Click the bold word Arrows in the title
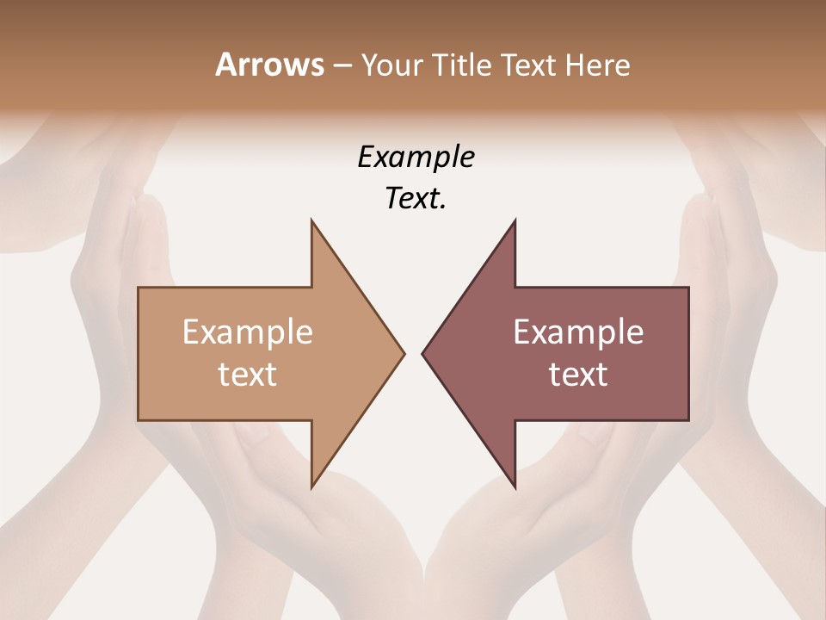[269, 65]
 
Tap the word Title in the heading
[463, 65]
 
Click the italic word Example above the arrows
[416, 158]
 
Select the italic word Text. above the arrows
[416, 199]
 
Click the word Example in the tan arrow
[248, 332]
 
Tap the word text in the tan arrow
[248, 375]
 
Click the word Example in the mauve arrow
[578, 332]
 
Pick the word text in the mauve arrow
[578, 375]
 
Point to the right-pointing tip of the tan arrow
[404, 353]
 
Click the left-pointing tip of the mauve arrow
[422, 353]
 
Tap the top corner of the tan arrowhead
[311, 220]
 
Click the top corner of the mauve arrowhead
[515, 220]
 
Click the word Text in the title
[527, 65]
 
